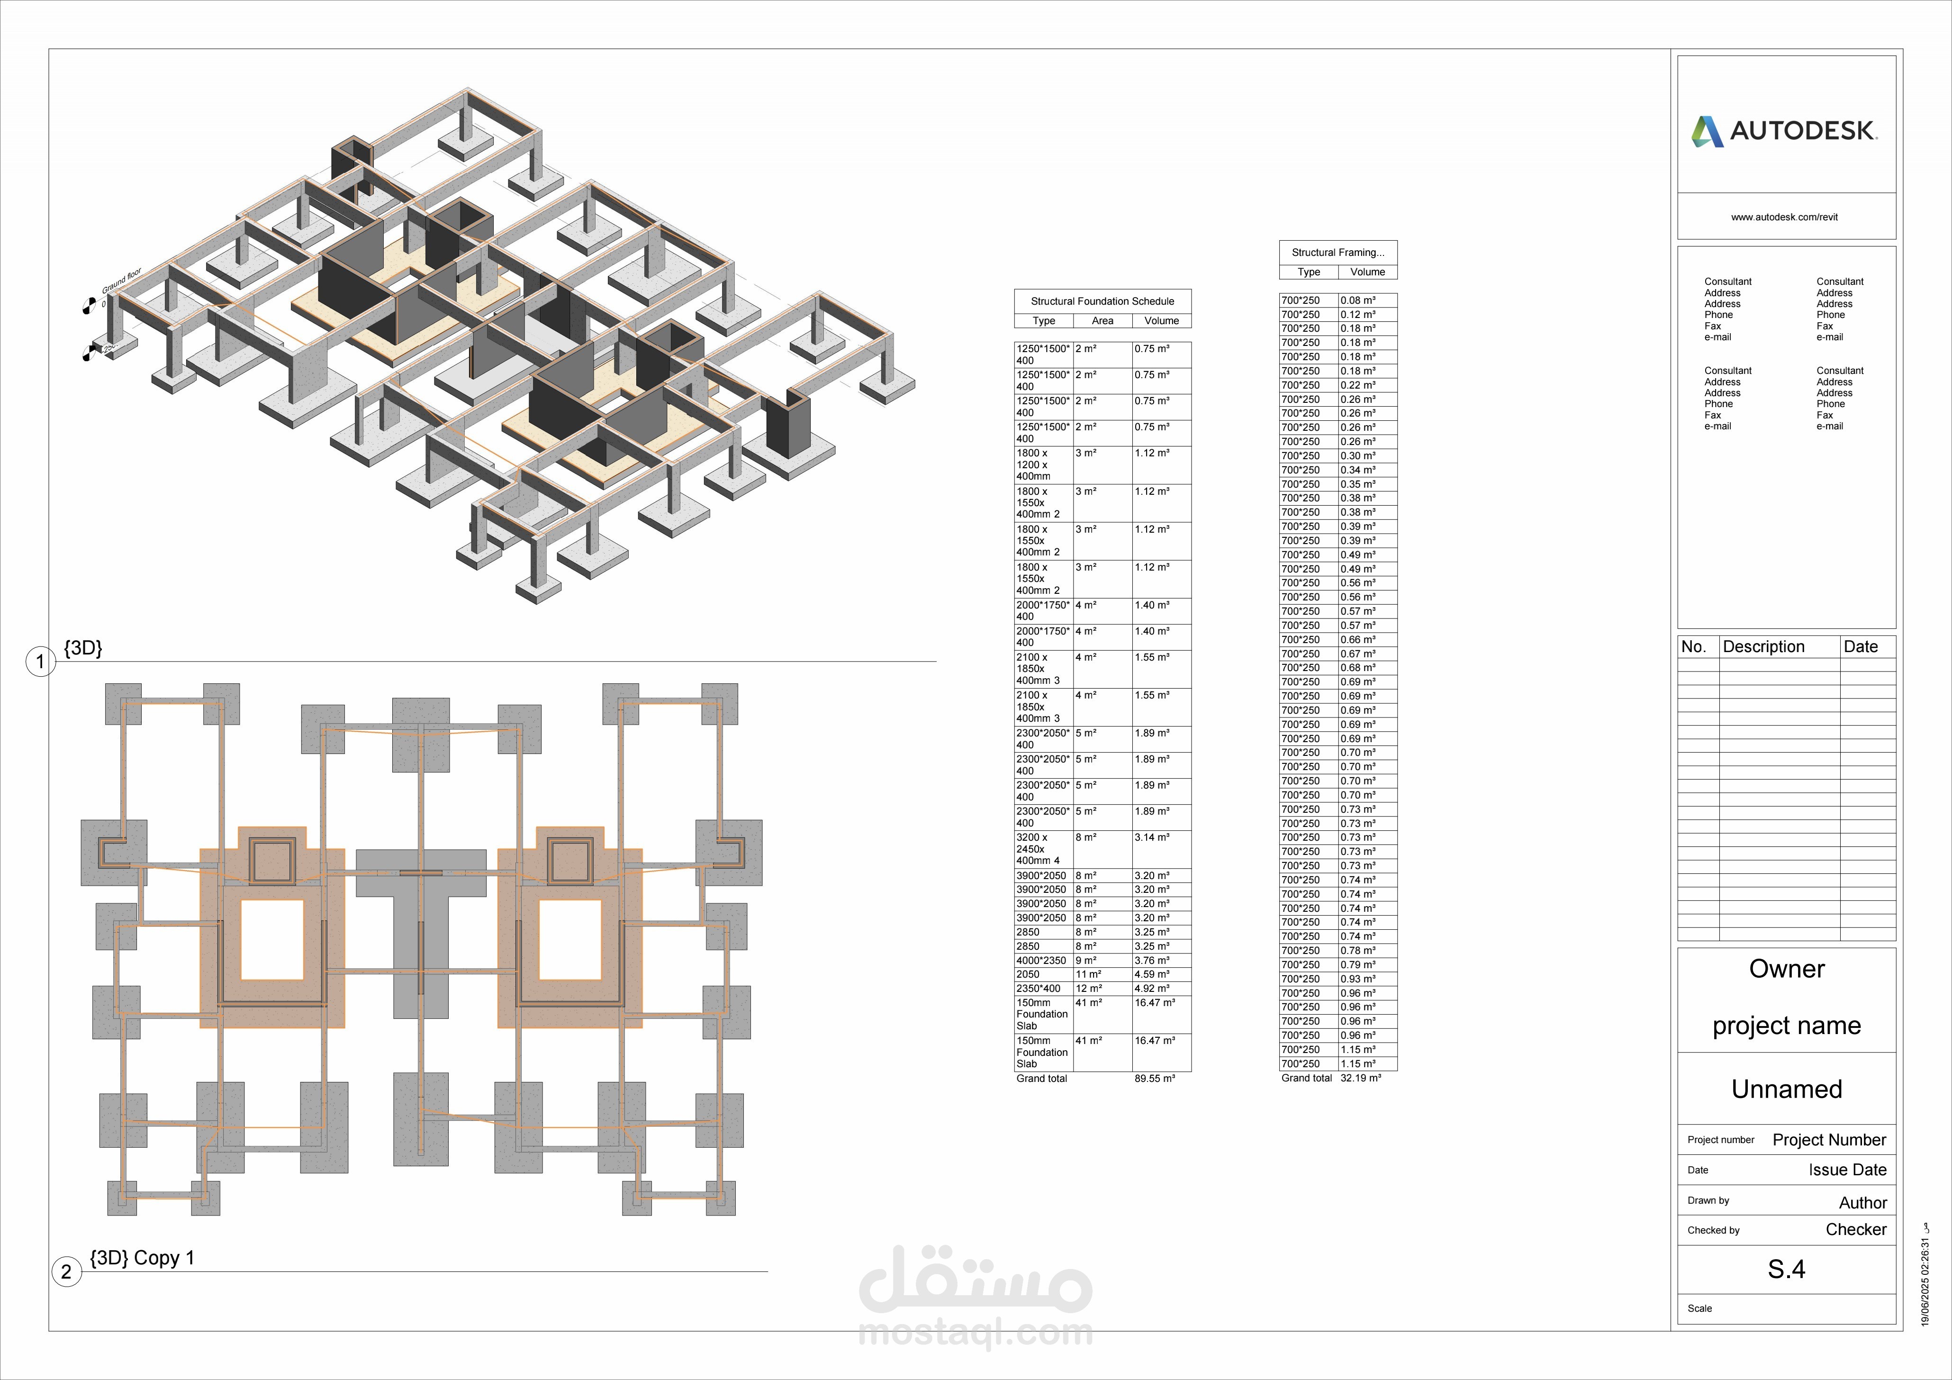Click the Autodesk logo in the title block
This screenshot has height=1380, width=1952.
coord(1784,131)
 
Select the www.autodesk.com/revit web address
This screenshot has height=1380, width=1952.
coord(1784,217)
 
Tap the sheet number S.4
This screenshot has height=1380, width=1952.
coord(1786,1270)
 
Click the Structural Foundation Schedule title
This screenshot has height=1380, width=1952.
coord(1102,301)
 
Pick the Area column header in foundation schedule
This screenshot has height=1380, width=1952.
coord(1102,320)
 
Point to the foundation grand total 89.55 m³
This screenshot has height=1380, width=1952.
coord(1155,1078)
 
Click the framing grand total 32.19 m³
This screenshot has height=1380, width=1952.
coord(1360,1078)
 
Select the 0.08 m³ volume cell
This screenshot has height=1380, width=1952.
coord(1358,300)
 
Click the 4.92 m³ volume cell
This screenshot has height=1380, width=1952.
coord(1152,988)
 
